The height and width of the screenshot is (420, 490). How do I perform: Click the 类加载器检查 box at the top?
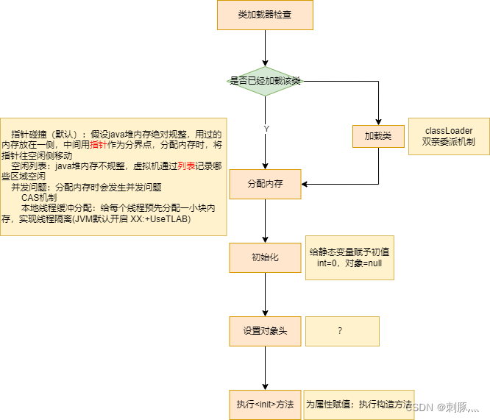[x=265, y=15]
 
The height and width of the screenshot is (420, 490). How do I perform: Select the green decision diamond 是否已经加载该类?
[x=265, y=81]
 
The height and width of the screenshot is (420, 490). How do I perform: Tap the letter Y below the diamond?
[x=266, y=129]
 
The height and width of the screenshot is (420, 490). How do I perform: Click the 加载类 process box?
[x=378, y=136]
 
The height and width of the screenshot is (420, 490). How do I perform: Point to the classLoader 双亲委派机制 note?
[x=449, y=136]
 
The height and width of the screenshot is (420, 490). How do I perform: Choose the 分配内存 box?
[x=265, y=184]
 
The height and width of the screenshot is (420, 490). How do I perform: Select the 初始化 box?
[x=265, y=257]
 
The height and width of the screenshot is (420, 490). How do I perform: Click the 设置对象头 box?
[x=265, y=331]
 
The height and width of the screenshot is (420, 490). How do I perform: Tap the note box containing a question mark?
[x=341, y=331]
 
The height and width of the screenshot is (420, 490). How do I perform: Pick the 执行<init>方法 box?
[x=265, y=405]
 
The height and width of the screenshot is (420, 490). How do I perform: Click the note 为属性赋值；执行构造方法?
[x=359, y=405]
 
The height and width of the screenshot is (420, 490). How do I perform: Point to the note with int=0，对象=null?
[x=350, y=257]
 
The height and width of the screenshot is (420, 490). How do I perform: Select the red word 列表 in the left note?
[x=186, y=167]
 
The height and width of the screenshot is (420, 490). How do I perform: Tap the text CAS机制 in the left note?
[x=39, y=198]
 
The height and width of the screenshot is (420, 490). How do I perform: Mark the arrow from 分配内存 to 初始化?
[x=265, y=221]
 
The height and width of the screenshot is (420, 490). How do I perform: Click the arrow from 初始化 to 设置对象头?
[x=265, y=294]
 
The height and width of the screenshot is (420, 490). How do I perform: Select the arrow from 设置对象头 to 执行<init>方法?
[x=265, y=368]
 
